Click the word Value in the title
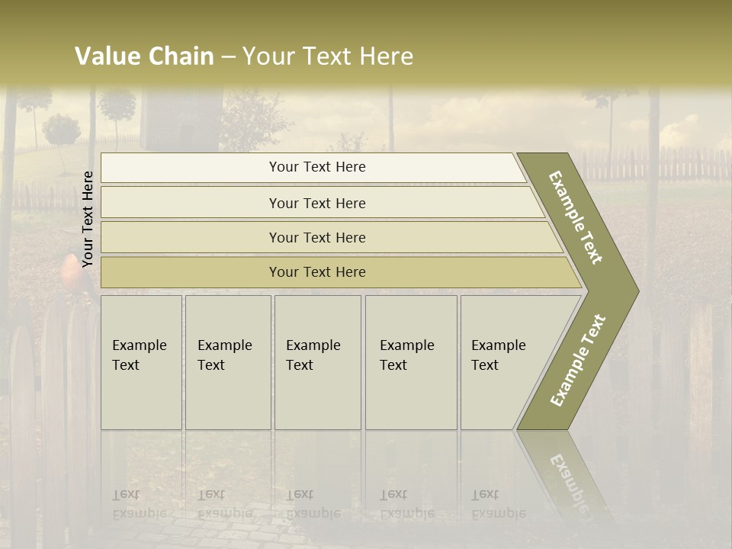click(x=107, y=56)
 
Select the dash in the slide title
click(x=228, y=57)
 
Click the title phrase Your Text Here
click(x=328, y=56)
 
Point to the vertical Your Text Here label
click(x=88, y=219)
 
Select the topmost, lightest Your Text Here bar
click(x=317, y=167)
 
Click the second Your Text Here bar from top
click(x=317, y=203)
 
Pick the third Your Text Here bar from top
click(x=317, y=237)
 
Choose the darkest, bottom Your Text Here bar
click(x=317, y=272)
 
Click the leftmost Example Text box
click(x=141, y=362)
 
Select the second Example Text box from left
click(x=227, y=362)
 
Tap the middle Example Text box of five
click(x=316, y=362)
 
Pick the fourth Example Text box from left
click(x=410, y=362)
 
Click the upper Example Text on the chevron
click(x=576, y=218)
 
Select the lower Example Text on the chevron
click(x=578, y=360)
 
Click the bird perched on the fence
click(x=72, y=274)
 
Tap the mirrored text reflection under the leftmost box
click(x=140, y=504)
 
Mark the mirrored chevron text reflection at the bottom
click(x=568, y=480)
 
